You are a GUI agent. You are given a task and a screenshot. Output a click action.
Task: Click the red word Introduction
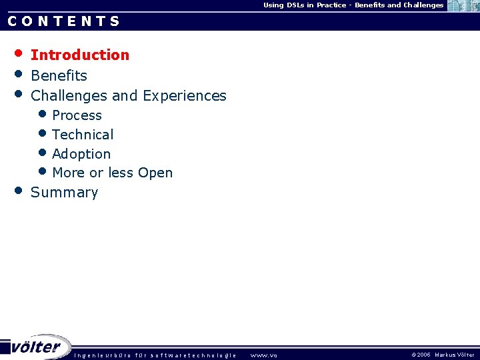pos(80,55)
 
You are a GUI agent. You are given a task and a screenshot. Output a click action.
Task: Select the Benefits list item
pos(59,75)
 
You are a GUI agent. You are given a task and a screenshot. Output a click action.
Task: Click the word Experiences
pos(185,96)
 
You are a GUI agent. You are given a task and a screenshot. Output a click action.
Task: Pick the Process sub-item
pos(77,115)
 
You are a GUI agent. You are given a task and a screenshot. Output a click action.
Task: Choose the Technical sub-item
pos(83,135)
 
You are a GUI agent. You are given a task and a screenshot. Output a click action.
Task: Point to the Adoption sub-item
pos(81,154)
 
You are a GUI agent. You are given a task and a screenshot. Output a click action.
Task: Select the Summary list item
pos(64,193)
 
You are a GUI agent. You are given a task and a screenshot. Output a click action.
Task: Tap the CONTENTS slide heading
pos(64,21)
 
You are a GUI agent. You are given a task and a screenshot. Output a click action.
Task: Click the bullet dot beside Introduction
pos(19,53)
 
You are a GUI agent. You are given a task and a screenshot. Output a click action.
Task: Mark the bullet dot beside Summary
pos(19,190)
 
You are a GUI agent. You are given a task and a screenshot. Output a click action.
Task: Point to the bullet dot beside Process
pos(43,114)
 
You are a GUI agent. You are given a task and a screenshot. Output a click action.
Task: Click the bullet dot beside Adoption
pos(43,153)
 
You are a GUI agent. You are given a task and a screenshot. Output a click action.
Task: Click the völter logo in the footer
pos(37,347)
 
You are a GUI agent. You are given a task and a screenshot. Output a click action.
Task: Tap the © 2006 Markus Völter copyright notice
pos(443,355)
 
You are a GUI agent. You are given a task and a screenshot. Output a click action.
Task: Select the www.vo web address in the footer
pos(263,355)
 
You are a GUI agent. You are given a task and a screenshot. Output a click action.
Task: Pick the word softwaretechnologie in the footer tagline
pos(193,355)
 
